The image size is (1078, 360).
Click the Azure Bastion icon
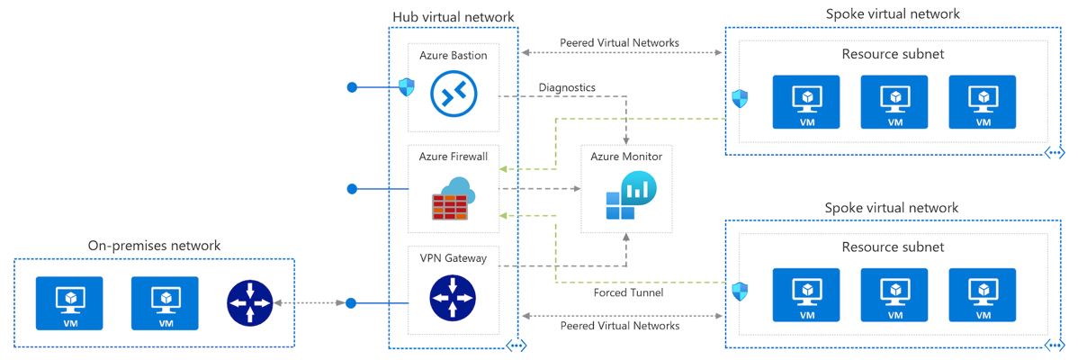(x=453, y=93)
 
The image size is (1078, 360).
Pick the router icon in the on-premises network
(x=249, y=302)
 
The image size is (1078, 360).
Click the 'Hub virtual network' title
(x=454, y=16)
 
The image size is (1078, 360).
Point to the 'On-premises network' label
(x=154, y=246)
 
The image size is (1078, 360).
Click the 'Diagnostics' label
(x=567, y=87)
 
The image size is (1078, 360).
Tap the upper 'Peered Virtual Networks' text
(x=619, y=42)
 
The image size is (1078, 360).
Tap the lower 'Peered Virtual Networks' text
(x=619, y=326)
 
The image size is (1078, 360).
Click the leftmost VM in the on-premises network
(x=69, y=303)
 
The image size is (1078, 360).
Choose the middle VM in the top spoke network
(x=894, y=102)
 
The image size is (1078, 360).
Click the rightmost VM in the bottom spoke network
(x=983, y=295)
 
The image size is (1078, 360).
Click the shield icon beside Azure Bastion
(x=407, y=87)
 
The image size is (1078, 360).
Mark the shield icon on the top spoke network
(x=740, y=98)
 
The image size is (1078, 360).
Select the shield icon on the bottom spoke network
(x=740, y=292)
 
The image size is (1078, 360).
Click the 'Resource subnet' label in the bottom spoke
(x=893, y=247)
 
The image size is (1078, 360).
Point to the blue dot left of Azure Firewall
(x=352, y=189)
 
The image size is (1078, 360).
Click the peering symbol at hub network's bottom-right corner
(x=516, y=346)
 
